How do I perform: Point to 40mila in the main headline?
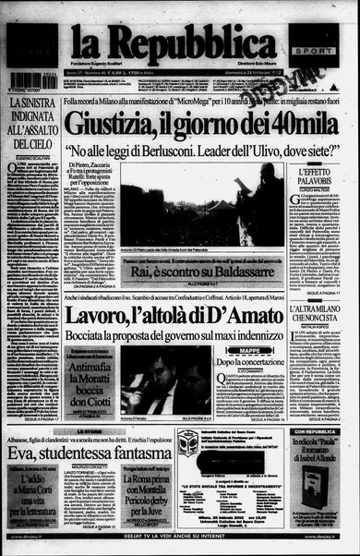tap(269, 119)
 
